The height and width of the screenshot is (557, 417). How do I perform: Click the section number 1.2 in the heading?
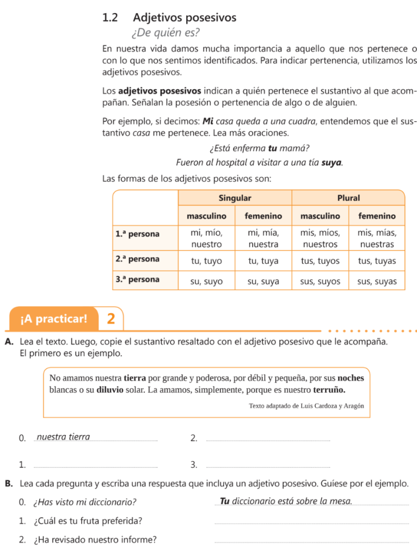(110, 18)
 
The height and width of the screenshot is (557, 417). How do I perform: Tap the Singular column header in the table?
(235, 197)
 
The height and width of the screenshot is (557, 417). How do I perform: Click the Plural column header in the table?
(348, 197)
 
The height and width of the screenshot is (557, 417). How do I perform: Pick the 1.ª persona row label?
(138, 234)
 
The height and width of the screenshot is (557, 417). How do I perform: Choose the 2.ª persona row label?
(138, 259)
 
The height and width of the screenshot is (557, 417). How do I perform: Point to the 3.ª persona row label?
(138, 280)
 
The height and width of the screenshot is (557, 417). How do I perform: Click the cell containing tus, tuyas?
(377, 261)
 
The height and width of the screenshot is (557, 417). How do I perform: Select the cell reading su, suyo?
(206, 282)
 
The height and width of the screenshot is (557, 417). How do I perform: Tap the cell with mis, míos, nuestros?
(320, 238)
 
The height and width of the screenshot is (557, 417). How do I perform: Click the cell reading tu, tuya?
(263, 261)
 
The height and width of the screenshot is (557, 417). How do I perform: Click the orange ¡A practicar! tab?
(53, 319)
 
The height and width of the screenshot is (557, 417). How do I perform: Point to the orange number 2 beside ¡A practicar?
(111, 319)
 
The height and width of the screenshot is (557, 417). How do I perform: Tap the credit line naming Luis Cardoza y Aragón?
(306, 405)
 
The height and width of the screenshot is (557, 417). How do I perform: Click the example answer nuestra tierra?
(64, 437)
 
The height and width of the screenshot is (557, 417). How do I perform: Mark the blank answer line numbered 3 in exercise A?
(269, 466)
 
